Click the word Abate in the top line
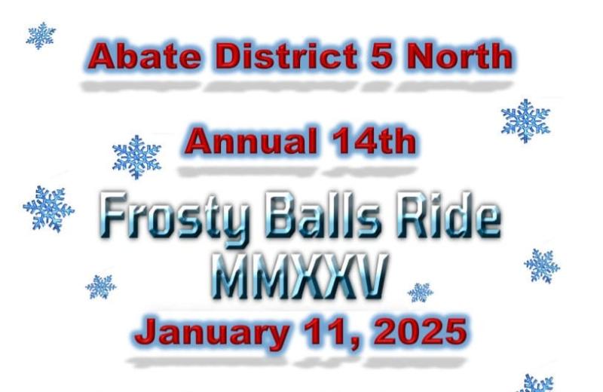(x=146, y=56)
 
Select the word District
(x=286, y=56)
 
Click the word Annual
(x=251, y=140)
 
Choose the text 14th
(x=374, y=140)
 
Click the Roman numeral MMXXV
(x=299, y=275)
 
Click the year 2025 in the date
(x=421, y=332)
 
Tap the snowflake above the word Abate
(x=41, y=35)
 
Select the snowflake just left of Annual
(x=136, y=157)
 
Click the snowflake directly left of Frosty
(x=48, y=209)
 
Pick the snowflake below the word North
(x=525, y=121)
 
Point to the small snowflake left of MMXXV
(x=101, y=286)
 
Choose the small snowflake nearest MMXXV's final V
(x=421, y=292)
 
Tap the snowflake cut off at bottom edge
(x=536, y=384)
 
